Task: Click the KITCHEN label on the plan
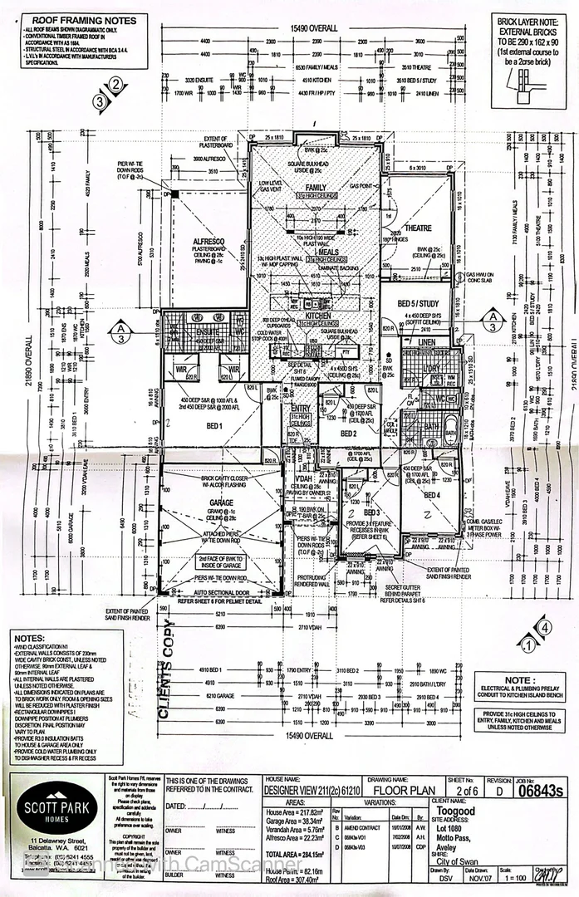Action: [x=318, y=316]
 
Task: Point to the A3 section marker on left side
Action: [x=120, y=331]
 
